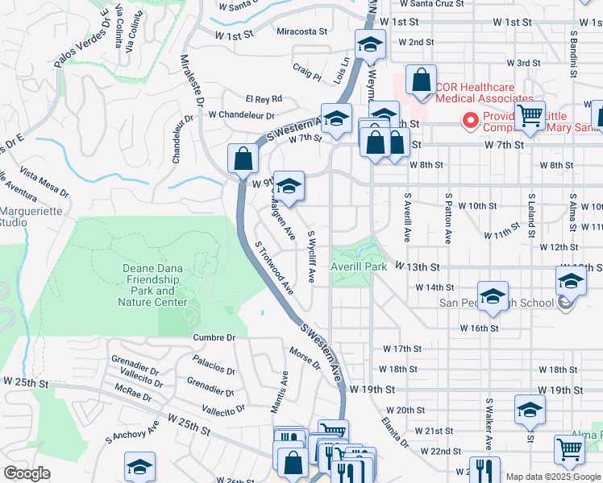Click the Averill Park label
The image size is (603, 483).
tap(359, 266)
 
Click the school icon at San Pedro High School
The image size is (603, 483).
tap(493, 295)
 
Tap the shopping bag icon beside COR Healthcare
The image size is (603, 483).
tap(421, 80)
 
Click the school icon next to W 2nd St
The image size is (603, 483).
tap(370, 45)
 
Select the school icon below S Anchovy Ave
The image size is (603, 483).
tap(139, 467)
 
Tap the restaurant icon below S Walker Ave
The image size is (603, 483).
tap(484, 470)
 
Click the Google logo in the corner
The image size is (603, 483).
tap(27, 473)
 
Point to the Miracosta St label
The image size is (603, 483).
tap(302, 31)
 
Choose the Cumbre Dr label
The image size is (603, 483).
tap(214, 337)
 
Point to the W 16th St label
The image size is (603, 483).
tap(480, 328)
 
